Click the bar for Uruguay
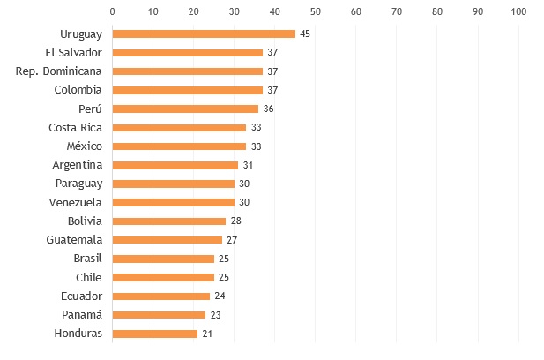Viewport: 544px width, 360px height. coord(204,34)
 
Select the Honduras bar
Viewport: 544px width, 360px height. coord(155,334)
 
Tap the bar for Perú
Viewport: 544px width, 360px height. coord(185,109)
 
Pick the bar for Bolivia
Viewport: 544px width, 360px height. coord(169,221)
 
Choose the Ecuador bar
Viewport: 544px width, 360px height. coord(161,296)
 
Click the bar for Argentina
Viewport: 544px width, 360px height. coord(175,165)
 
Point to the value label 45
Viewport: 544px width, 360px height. coord(305,34)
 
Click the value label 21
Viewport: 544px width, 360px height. coord(208,334)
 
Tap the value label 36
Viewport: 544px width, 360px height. coord(269,109)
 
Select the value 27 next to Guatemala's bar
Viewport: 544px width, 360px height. coord(232,240)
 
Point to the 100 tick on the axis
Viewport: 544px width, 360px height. coord(518,11)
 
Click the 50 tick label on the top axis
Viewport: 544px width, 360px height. coord(316,11)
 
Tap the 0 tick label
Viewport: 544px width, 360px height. coord(113,11)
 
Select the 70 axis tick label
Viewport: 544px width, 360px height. coord(397,11)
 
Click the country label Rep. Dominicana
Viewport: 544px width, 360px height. coord(59,71)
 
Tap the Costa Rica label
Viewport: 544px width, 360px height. coord(75,127)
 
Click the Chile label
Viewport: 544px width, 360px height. coord(88,277)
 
